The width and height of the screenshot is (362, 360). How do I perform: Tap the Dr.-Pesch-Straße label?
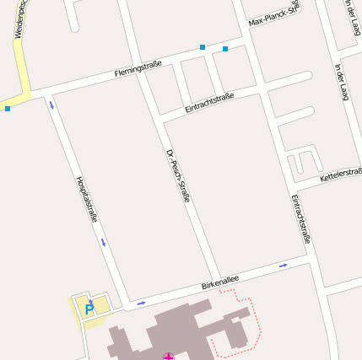click(179, 175)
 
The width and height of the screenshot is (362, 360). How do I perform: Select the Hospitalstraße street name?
click(87, 200)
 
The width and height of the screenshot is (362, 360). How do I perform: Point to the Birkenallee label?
click(220, 281)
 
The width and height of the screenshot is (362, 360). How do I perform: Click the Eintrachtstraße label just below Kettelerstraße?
click(300, 219)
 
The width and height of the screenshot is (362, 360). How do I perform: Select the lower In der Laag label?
click(341, 82)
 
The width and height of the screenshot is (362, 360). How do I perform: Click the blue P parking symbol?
click(89, 309)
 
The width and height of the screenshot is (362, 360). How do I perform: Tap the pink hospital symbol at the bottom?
click(169, 357)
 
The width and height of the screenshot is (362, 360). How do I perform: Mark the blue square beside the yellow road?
click(8, 108)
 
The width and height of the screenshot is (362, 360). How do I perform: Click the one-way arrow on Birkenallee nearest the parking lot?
click(141, 302)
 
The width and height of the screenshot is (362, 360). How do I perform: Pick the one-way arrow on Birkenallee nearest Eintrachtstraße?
click(283, 265)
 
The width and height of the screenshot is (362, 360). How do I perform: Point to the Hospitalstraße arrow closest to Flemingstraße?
click(51, 105)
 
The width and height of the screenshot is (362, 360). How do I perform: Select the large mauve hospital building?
click(181, 333)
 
